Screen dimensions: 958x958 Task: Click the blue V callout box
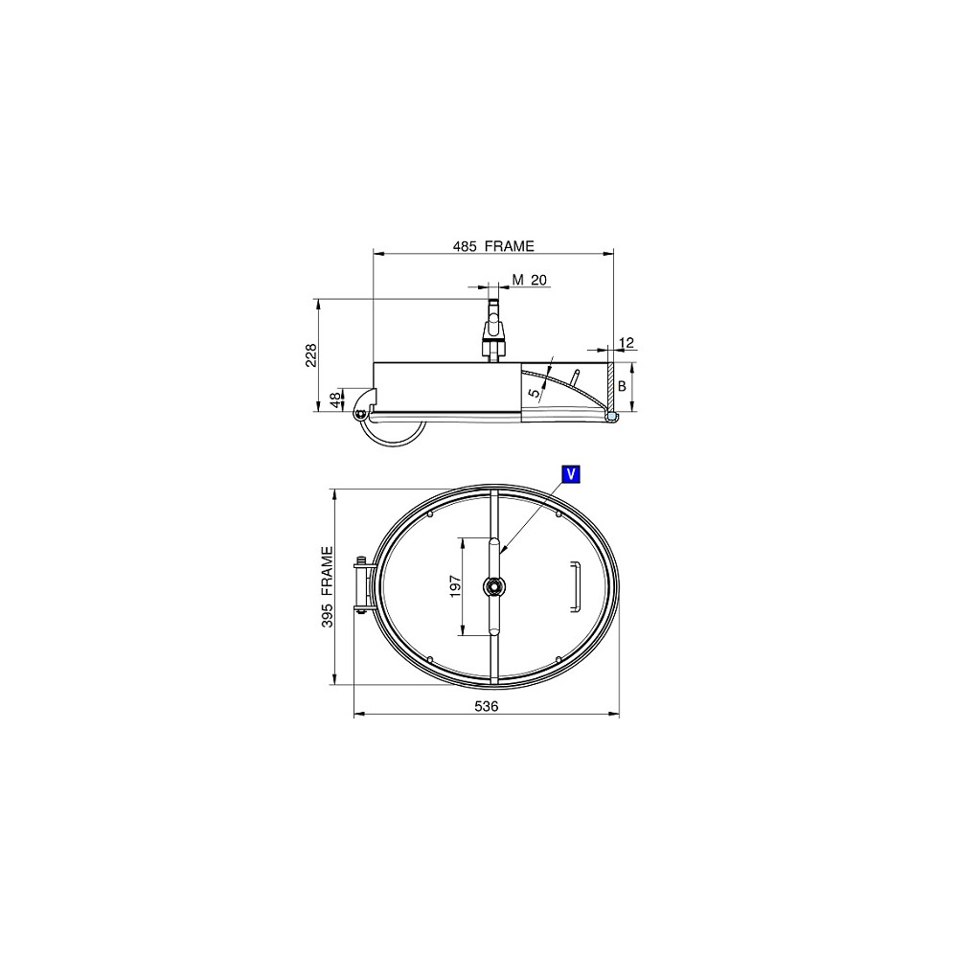point(571,474)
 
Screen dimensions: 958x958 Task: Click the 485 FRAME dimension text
point(493,246)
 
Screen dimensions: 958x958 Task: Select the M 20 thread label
point(529,280)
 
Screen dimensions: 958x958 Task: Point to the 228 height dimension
point(311,355)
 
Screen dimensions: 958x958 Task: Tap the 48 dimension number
point(335,400)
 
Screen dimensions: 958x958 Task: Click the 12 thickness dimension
point(627,343)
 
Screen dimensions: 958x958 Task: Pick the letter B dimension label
point(623,387)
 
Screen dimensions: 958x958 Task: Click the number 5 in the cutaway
point(535,394)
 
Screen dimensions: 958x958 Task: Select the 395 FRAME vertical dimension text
point(327,588)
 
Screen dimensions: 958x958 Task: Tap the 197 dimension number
point(455,586)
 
